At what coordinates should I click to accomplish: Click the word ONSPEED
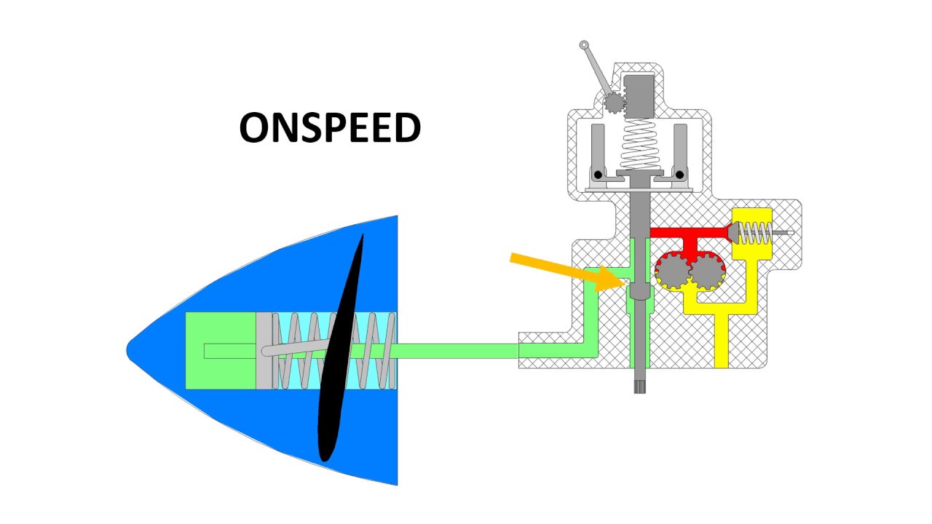(x=330, y=127)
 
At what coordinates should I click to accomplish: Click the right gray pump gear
(x=706, y=272)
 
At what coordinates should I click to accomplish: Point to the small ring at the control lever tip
(x=584, y=44)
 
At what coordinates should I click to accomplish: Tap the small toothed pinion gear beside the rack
(x=614, y=103)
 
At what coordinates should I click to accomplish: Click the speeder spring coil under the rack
(x=639, y=144)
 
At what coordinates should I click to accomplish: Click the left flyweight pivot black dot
(x=598, y=175)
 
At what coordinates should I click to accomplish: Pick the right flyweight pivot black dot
(x=679, y=175)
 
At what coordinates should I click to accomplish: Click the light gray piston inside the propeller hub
(x=264, y=351)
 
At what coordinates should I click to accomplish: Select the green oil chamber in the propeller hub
(x=221, y=351)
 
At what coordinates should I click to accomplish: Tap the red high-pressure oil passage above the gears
(x=692, y=238)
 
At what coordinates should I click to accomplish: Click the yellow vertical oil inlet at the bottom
(x=722, y=341)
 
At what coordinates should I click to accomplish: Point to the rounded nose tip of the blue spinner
(x=127, y=349)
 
